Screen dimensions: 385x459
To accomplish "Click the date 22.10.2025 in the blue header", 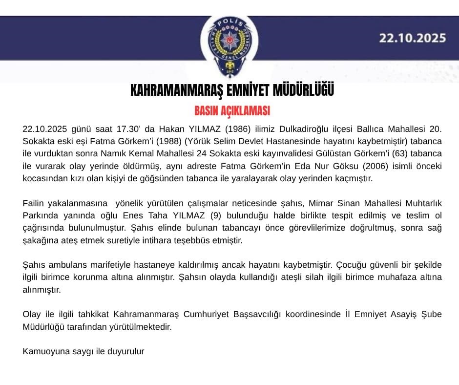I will [x=413, y=38].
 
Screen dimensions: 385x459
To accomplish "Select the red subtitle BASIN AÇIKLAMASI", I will [x=232, y=111].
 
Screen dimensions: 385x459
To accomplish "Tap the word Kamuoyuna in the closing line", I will [x=44, y=351].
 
